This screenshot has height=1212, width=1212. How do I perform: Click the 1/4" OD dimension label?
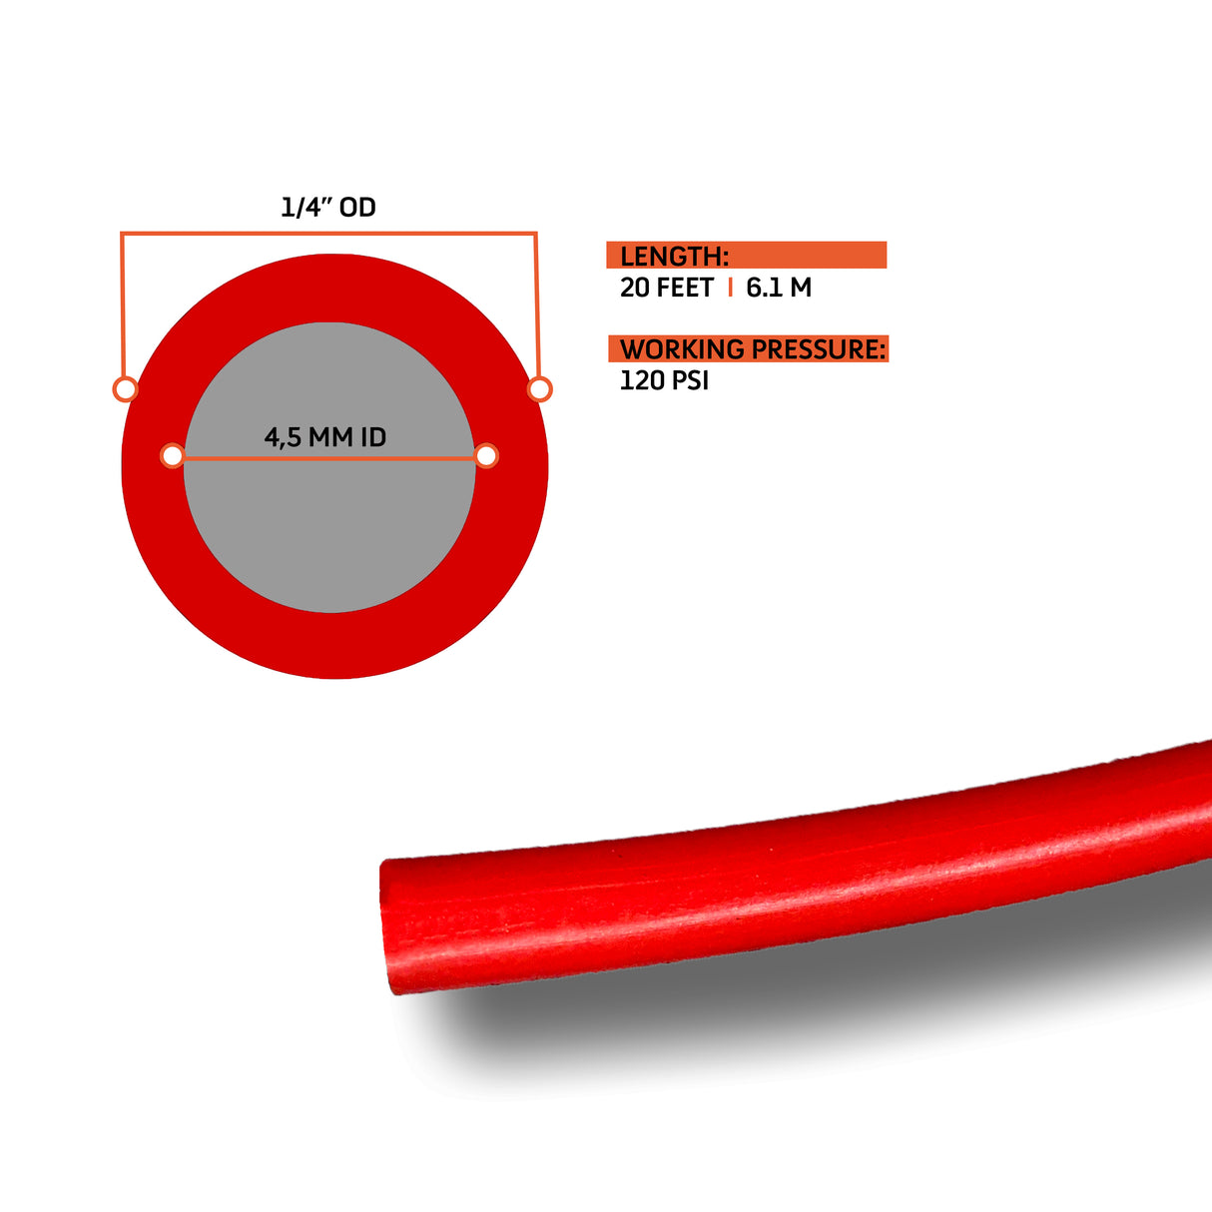(x=327, y=207)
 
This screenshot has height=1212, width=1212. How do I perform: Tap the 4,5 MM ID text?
(x=324, y=437)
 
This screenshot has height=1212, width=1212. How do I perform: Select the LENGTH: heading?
(x=674, y=257)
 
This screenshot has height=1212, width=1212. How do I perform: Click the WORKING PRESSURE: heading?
(x=752, y=349)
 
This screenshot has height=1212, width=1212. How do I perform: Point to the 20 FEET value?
(x=666, y=288)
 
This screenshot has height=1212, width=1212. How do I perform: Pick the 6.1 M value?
(x=779, y=288)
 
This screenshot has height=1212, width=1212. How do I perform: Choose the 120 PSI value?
(x=664, y=380)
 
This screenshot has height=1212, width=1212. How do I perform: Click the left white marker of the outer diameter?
(x=125, y=388)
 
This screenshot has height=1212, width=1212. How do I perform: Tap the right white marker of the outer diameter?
(x=539, y=388)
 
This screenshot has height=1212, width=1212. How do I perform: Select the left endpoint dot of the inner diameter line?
(x=172, y=456)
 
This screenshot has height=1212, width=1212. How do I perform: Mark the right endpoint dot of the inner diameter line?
(x=486, y=456)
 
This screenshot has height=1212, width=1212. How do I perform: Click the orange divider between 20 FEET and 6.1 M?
(x=731, y=288)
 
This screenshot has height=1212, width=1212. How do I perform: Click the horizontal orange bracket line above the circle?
(x=328, y=234)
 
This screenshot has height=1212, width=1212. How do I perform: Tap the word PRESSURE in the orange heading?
(x=818, y=349)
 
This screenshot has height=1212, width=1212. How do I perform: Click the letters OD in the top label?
(x=357, y=207)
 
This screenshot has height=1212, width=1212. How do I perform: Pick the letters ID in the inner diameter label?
(x=372, y=437)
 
